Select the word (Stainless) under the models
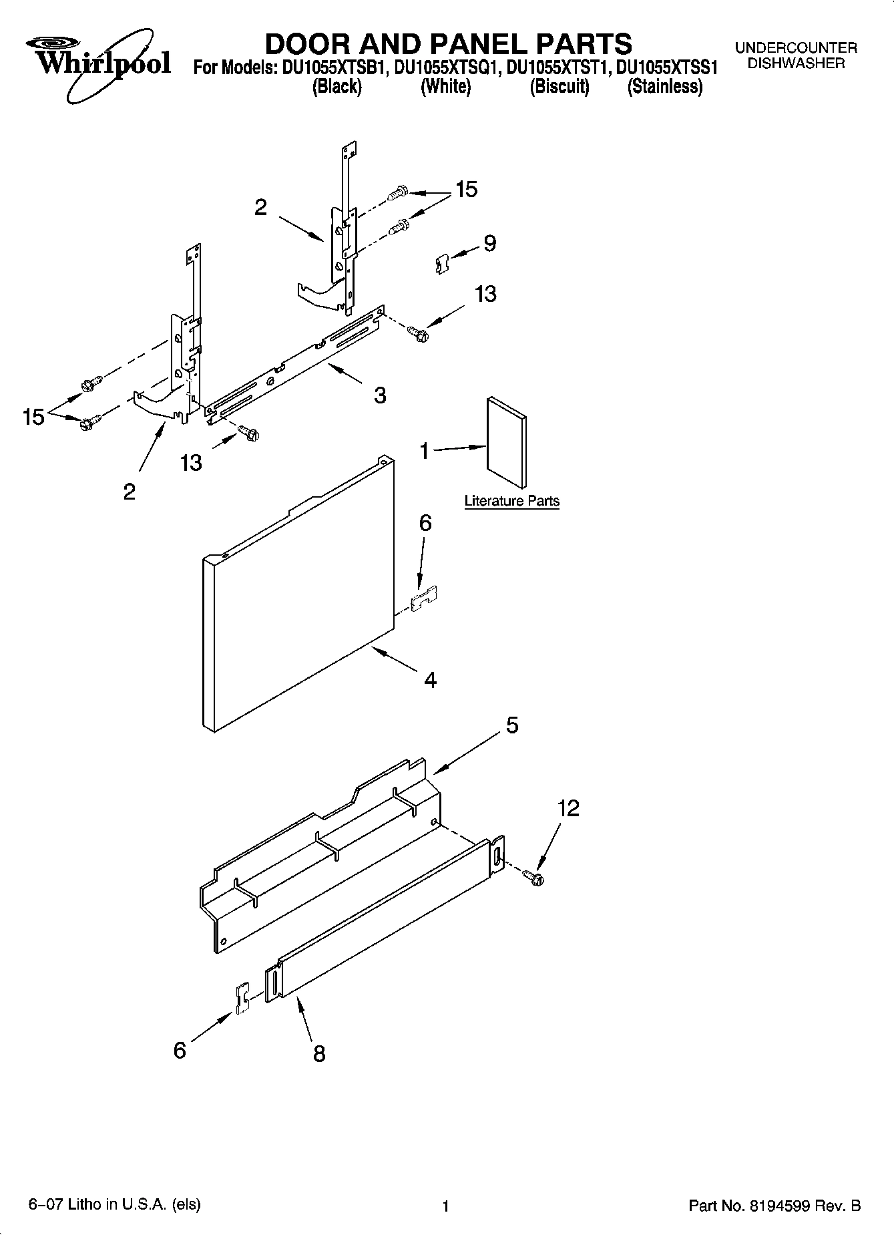(x=664, y=87)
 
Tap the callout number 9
(x=489, y=243)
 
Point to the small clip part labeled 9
(x=439, y=263)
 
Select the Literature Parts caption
(x=511, y=501)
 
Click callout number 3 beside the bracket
(x=379, y=395)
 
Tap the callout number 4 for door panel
(x=430, y=680)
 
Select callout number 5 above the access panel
(x=511, y=725)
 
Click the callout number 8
(x=319, y=1054)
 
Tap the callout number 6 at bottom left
(x=180, y=1051)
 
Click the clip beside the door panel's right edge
(x=423, y=598)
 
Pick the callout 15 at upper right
(x=466, y=190)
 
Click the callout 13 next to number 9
(x=485, y=294)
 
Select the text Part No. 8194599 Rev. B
(x=774, y=1206)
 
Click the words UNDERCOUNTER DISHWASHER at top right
(x=795, y=56)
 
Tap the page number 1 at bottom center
(x=445, y=1206)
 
